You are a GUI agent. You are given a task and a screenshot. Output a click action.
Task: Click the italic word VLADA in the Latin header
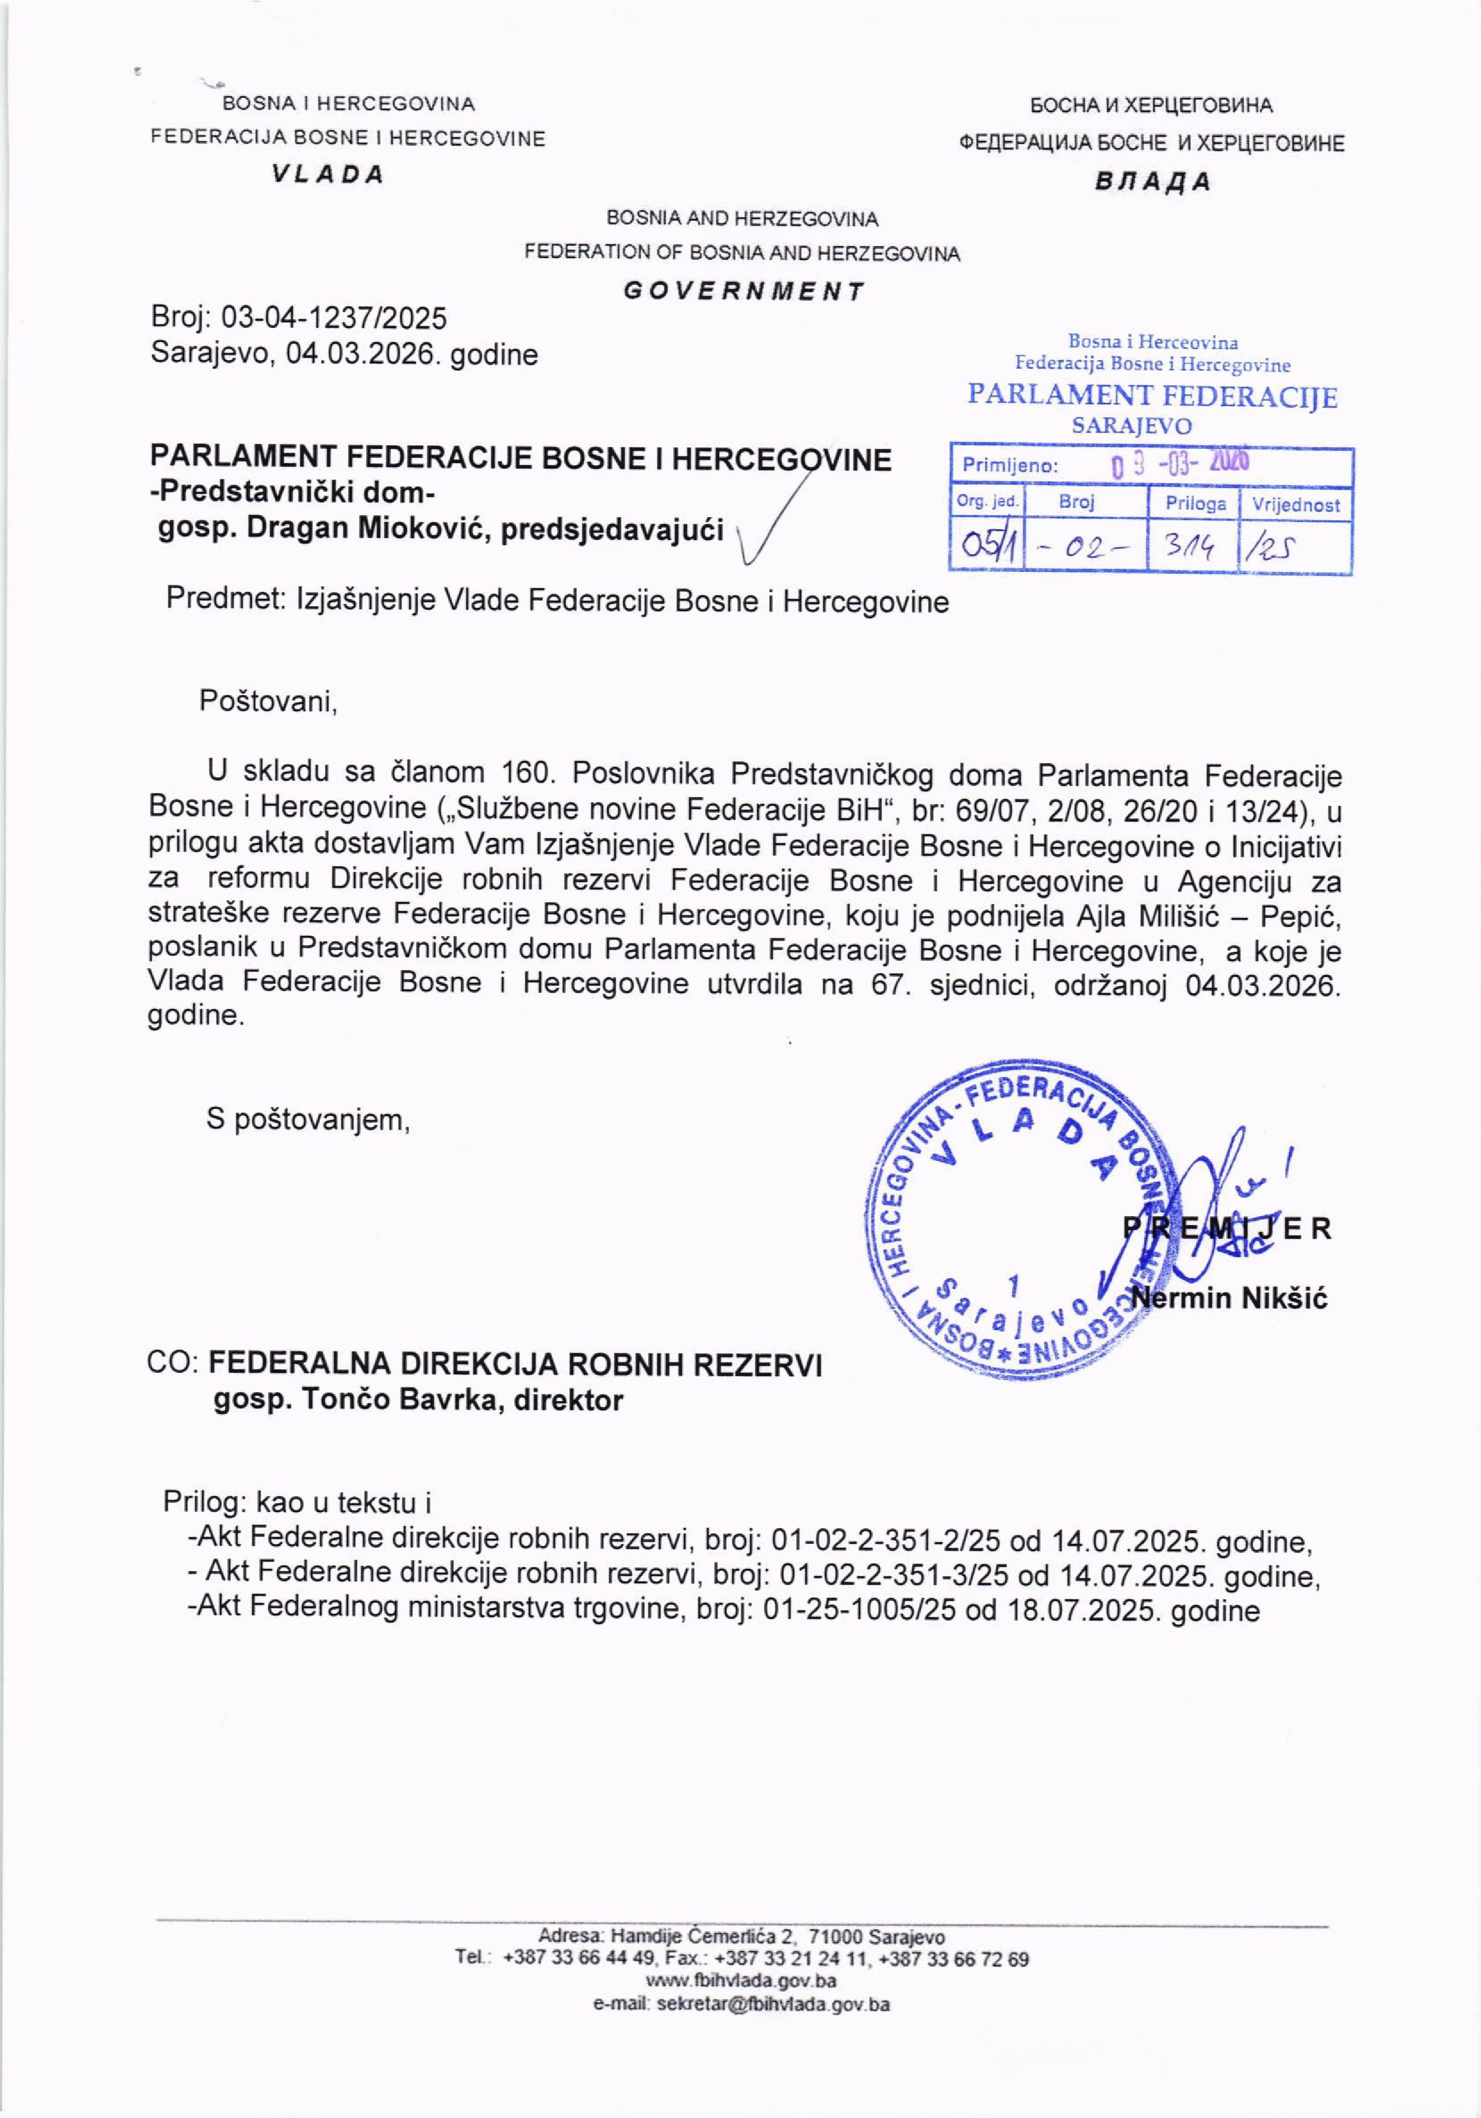328,175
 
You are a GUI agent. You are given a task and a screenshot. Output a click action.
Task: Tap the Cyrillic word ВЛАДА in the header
1153,182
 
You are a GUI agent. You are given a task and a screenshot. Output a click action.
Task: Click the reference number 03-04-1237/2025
335,318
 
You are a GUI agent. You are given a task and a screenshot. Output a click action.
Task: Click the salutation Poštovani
268,702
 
